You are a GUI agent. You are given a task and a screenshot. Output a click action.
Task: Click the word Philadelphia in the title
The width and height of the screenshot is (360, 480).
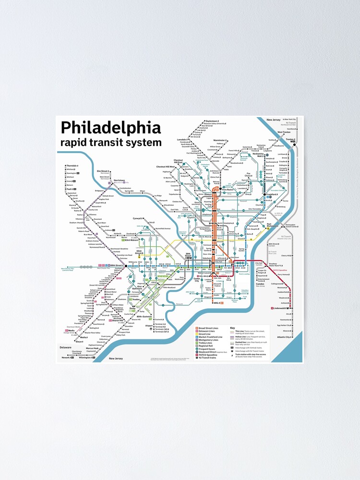point(110,128)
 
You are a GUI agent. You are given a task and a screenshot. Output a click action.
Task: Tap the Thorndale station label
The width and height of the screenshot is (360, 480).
point(72,166)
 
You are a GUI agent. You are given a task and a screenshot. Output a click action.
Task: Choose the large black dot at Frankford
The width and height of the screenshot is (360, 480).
point(265,194)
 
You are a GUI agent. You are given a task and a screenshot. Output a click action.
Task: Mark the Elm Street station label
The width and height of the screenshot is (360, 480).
point(103,170)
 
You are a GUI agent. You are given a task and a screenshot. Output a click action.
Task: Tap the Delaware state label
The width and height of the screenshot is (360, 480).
point(66,347)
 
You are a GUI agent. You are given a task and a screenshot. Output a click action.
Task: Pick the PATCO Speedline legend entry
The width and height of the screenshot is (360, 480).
point(208,354)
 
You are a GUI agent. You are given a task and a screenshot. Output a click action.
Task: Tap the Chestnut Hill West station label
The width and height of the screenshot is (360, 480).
point(166,167)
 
